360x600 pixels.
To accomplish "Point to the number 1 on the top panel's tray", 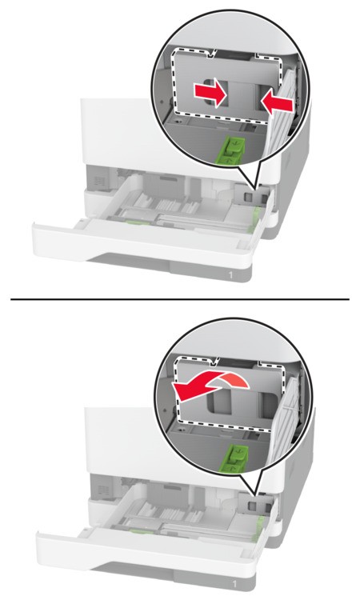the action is [x=230, y=274].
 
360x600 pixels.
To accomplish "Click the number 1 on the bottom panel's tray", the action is [x=234, y=584].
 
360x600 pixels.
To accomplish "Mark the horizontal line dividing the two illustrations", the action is [x=180, y=299].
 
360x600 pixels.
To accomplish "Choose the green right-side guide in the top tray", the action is [x=254, y=219].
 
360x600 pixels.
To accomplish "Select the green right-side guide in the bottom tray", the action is [x=258, y=529].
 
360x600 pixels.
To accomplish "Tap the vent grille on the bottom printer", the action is [x=104, y=490].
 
